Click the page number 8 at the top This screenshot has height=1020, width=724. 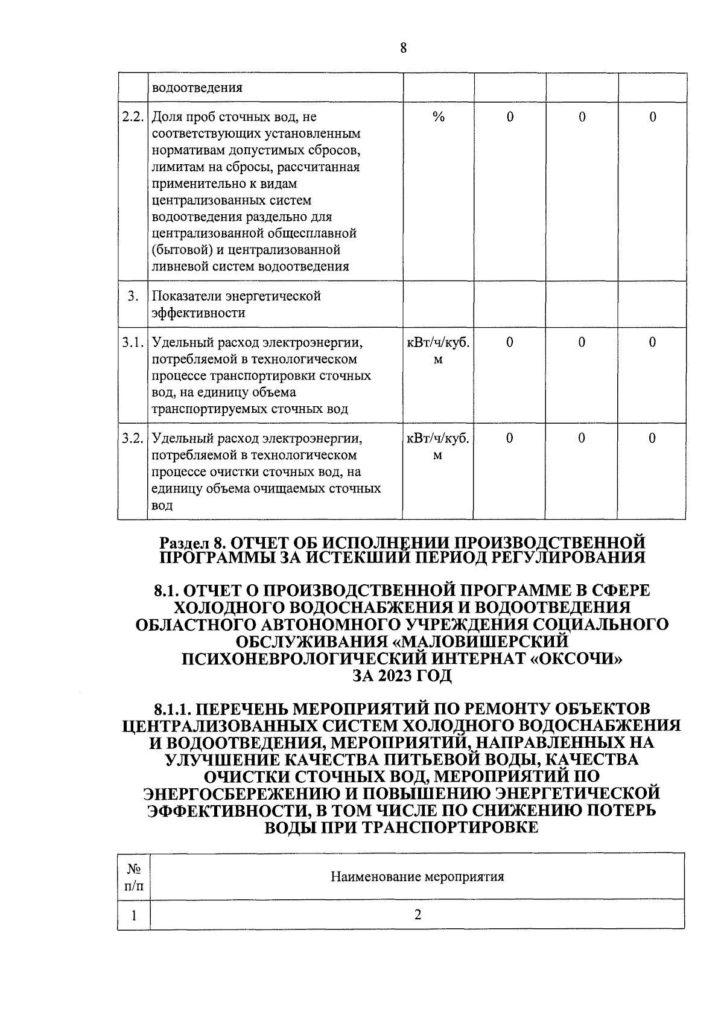[403, 48]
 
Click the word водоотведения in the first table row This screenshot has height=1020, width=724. [197, 88]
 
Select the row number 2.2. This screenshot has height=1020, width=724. [132, 116]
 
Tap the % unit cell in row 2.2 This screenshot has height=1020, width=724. [438, 117]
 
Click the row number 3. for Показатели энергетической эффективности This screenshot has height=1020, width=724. [133, 296]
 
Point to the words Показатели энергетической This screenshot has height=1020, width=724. [236, 296]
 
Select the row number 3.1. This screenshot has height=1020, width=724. [132, 343]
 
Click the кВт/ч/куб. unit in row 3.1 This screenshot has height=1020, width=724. [438, 343]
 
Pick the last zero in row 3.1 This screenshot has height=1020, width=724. [652, 343]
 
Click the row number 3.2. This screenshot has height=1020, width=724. [132, 438]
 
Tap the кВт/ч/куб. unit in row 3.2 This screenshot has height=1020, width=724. [438, 438]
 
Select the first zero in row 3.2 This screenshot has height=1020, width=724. [510, 438]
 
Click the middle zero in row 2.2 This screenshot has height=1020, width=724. [582, 117]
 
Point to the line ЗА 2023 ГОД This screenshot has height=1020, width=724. [402, 675]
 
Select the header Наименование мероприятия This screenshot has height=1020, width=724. [417, 876]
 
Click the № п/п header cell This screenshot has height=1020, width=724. [133, 877]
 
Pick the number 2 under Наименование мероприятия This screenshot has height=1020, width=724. [417, 914]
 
